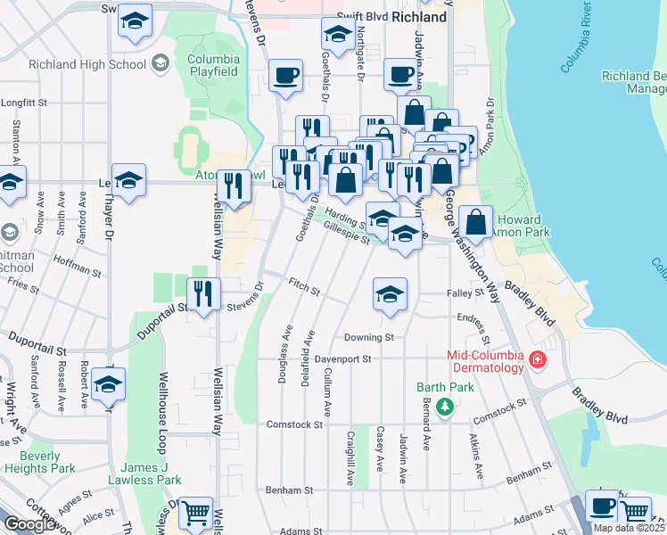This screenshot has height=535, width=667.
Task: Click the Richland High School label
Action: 87,64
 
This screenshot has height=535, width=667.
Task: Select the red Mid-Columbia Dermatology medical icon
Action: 537,359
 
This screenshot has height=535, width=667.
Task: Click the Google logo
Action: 29,524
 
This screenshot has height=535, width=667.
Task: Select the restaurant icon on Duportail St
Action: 203,292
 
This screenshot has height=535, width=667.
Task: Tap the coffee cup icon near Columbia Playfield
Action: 285,76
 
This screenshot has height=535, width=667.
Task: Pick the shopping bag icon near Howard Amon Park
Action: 477,221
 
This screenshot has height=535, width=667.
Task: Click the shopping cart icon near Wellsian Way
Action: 195,512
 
